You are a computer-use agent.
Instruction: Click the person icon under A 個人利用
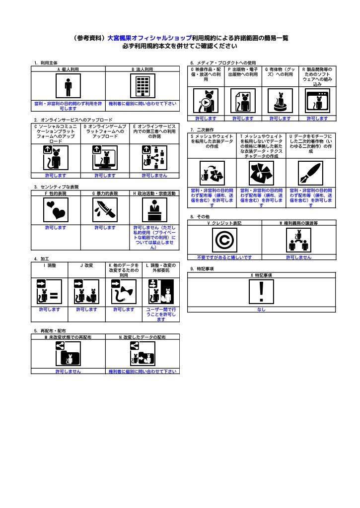68,86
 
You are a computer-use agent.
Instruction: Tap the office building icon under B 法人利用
143,86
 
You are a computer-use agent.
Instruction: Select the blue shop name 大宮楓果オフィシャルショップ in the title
149,38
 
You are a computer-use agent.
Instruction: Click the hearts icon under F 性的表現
56,210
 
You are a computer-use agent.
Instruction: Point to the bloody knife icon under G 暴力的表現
105,210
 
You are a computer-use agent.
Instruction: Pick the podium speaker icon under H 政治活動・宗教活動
155,210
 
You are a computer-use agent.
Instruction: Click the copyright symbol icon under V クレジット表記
224,240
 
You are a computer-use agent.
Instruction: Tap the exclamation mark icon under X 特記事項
261,292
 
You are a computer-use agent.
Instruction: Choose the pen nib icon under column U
311,173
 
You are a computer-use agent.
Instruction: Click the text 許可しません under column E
154,176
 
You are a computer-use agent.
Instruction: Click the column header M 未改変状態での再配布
68,337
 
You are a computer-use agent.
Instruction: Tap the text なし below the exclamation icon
261,310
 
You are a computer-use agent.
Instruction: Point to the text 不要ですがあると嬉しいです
224,257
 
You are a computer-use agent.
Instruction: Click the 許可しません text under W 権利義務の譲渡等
299,257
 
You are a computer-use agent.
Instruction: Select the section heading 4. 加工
42,259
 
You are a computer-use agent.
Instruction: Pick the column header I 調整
50,265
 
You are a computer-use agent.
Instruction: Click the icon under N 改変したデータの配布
143,354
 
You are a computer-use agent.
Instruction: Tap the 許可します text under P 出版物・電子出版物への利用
243,119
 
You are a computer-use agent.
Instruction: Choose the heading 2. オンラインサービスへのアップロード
73,120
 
